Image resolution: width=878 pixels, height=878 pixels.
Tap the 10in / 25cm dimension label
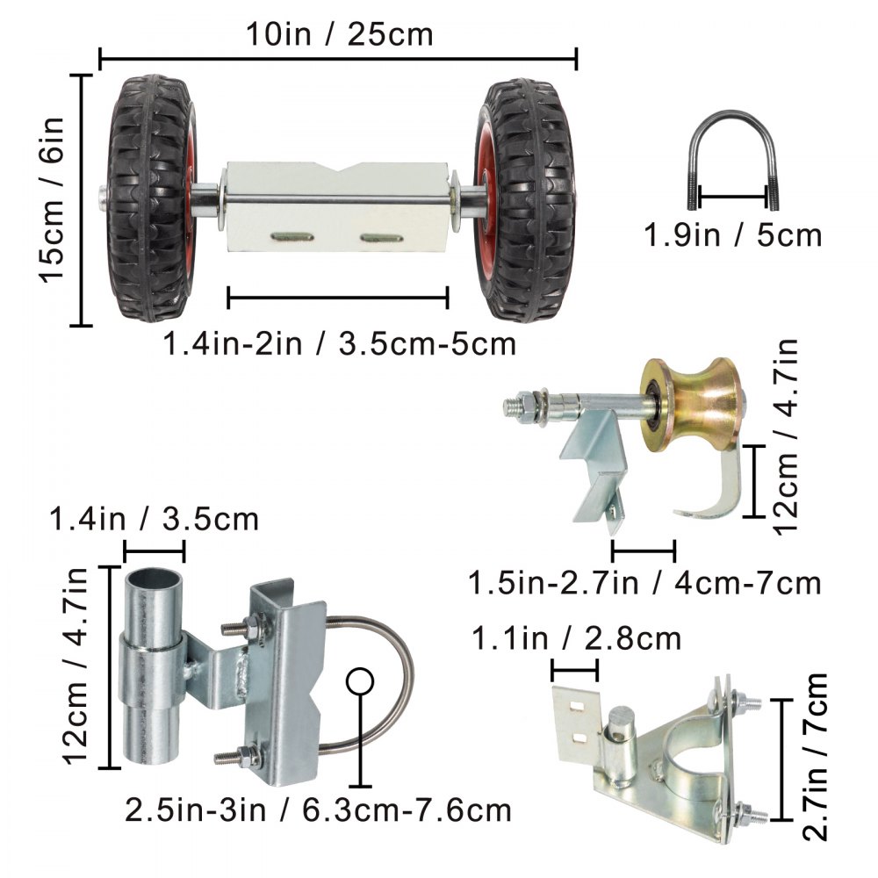point(339,35)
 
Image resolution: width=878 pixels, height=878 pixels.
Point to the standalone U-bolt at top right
point(734,162)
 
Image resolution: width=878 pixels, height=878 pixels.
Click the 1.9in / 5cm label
point(734,235)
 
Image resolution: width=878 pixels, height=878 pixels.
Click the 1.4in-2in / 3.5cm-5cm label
point(339,343)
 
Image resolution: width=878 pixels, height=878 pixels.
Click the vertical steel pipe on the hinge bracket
point(150,667)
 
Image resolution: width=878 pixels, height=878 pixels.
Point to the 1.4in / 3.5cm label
point(155,520)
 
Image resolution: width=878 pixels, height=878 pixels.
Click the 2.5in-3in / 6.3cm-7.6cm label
point(318,808)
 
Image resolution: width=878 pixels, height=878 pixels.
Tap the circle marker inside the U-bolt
point(360,681)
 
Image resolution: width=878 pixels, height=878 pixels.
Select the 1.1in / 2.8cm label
point(577,637)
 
